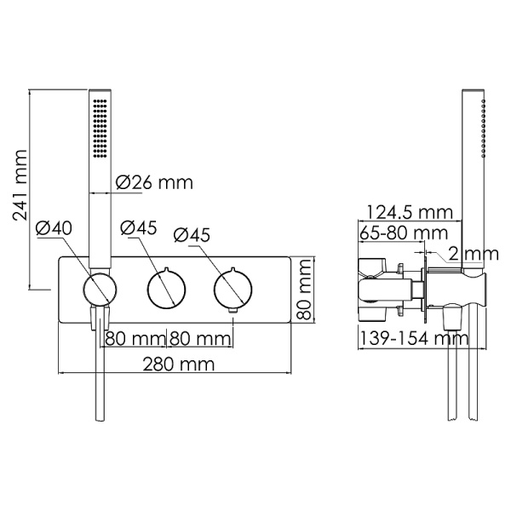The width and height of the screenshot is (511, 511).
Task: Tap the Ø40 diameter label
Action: (x=54, y=227)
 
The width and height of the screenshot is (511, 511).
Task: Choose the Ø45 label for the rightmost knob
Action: (x=192, y=234)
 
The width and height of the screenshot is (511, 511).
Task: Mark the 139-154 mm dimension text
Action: (x=412, y=338)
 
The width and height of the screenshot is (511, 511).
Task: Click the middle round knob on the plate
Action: (x=164, y=289)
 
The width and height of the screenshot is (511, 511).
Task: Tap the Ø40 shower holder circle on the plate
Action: (x=100, y=289)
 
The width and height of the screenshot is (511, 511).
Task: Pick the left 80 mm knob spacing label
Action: (x=134, y=338)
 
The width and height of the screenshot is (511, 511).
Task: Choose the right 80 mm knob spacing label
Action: (x=199, y=338)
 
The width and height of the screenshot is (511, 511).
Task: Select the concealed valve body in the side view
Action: (x=383, y=281)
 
